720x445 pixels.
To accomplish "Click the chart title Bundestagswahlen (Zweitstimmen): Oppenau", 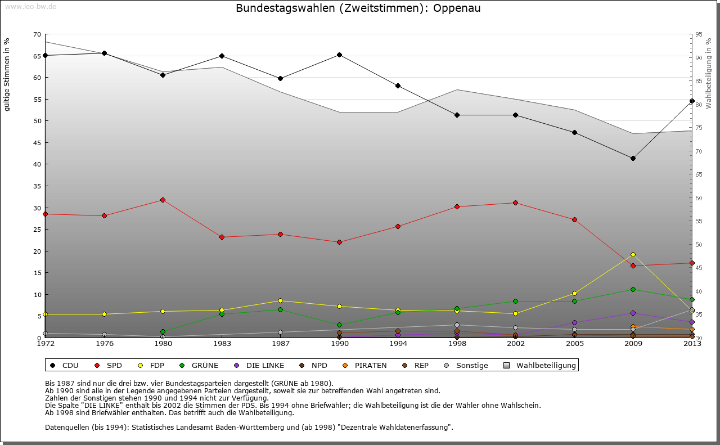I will pyautogui.click(x=358, y=8).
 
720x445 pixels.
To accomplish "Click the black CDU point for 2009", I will pyautogui.click(x=633, y=158).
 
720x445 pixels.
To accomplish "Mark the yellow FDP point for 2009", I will pyautogui.click(x=633, y=254).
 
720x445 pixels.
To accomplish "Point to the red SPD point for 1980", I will pyautogui.click(x=163, y=200).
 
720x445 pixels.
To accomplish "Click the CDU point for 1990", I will pyautogui.click(x=339, y=55).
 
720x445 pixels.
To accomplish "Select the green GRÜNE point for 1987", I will pyautogui.click(x=280, y=309).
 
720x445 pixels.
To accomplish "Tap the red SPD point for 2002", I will pyautogui.click(x=515, y=203).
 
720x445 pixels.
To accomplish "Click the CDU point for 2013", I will pyautogui.click(x=692, y=101).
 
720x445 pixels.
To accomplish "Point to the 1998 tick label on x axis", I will pyautogui.click(x=457, y=344).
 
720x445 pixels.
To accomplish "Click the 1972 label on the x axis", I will pyautogui.click(x=45, y=344).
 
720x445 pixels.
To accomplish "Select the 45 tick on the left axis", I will pyautogui.click(x=37, y=142).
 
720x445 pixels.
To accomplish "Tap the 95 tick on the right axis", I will pyautogui.click(x=698, y=34).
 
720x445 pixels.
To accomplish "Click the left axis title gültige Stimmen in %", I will pyautogui.click(x=7, y=74).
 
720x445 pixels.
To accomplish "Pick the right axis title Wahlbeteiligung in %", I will pyautogui.click(x=709, y=73).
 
